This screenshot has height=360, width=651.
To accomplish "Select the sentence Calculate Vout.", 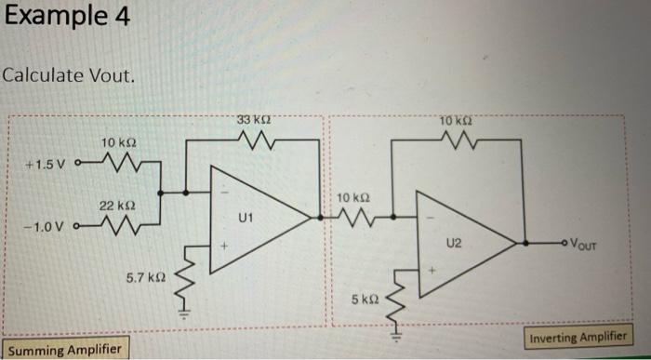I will click(x=70, y=73).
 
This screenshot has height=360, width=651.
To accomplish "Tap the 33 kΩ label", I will click(x=254, y=120).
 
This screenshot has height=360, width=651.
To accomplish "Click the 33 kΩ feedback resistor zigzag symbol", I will click(x=254, y=140).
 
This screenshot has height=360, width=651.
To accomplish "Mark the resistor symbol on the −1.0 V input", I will click(x=116, y=224).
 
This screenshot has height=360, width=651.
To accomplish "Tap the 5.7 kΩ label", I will click(x=145, y=277).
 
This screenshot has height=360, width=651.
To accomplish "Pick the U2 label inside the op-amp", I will click(x=453, y=244).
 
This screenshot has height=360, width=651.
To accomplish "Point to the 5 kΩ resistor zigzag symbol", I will click(x=401, y=294).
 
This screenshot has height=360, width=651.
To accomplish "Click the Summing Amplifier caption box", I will click(x=63, y=349).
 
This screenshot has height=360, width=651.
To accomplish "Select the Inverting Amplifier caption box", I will click(x=577, y=337).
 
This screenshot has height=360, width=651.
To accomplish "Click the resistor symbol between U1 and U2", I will click(x=354, y=218).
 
